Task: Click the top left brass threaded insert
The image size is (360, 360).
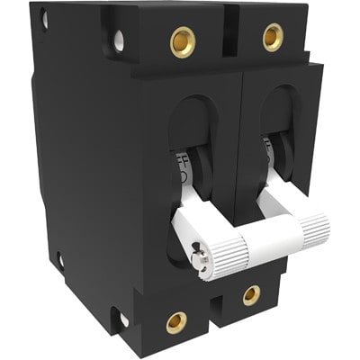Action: click(183, 41)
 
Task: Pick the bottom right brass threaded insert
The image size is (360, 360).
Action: click(251, 294)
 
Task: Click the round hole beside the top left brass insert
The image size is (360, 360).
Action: click(119, 40)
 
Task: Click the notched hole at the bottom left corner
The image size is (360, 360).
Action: click(118, 319)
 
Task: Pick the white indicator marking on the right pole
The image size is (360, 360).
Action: click(268, 148)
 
